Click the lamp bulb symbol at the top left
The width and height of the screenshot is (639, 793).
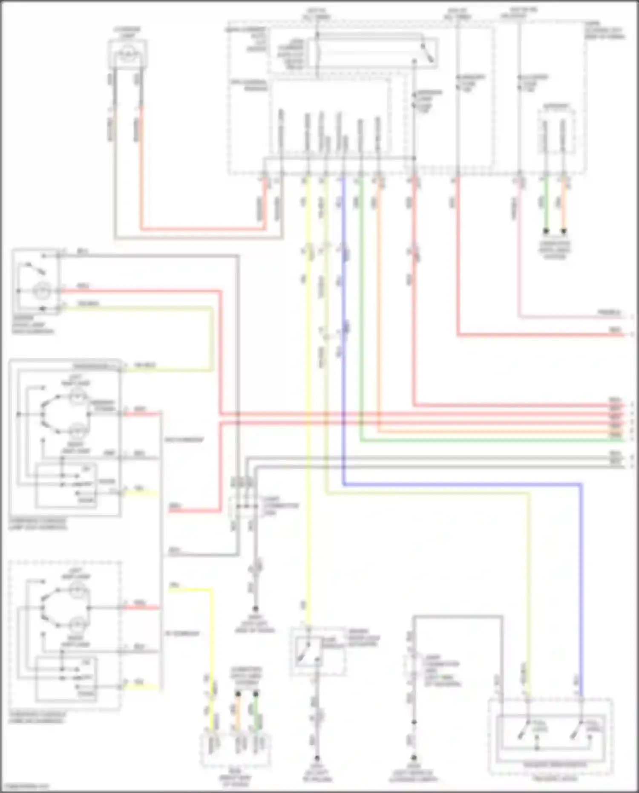127,53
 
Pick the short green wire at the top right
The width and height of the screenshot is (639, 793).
545,205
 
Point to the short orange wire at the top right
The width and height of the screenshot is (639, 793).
564,205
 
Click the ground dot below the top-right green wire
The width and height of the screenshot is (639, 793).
545,231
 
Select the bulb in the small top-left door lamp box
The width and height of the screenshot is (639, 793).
43,291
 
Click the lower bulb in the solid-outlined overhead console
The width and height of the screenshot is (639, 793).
77,432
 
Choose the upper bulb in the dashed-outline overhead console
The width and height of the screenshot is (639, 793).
77,591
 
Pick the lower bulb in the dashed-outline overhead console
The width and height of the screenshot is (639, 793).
77,625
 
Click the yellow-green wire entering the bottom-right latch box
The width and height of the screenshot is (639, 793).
528,597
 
